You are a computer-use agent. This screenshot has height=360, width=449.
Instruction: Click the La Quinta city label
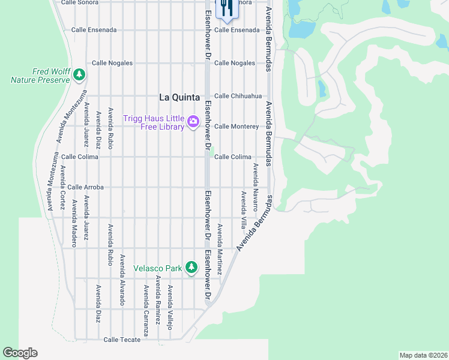tap(179, 97)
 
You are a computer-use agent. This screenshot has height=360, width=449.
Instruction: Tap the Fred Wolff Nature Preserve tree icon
tap(79, 74)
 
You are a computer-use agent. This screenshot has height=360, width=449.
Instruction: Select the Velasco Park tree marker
tap(191, 267)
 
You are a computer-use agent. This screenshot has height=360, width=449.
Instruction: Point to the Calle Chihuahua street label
tap(238, 96)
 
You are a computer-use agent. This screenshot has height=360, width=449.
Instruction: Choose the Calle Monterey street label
tap(237, 127)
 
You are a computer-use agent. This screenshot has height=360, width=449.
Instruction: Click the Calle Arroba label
tap(85, 187)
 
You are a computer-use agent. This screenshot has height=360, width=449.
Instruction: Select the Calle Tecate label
tap(122, 340)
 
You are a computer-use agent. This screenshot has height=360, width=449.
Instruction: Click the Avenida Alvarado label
tap(122, 280)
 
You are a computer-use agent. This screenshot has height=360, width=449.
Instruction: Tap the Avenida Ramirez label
tap(158, 298)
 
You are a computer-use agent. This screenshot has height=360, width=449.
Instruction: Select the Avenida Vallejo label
tap(170, 307)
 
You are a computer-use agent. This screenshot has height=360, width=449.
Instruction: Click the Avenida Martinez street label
tap(220, 250)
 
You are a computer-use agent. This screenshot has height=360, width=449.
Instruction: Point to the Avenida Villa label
tap(244, 211)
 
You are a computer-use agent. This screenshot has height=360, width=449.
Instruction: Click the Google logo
tap(20, 353)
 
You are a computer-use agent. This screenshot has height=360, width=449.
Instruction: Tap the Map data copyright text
tap(423, 355)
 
